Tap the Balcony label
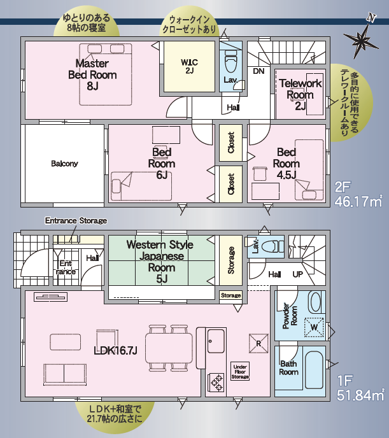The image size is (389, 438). click(x=64, y=164)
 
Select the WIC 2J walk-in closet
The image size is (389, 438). click(x=189, y=66)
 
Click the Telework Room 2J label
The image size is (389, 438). click(x=301, y=94)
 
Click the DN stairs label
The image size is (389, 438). click(x=258, y=71)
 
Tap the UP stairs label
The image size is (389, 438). click(x=298, y=274)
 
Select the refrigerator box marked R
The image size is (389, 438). click(x=258, y=343)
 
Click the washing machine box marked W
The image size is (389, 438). click(x=314, y=327)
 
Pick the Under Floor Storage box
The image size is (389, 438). click(x=240, y=371)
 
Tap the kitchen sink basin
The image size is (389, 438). click(x=216, y=341)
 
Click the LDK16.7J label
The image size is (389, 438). click(x=115, y=351)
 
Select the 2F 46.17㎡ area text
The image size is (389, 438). click(x=358, y=194)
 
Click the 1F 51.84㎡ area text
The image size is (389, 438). click(x=361, y=388)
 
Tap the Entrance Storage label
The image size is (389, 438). click(x=76, y=221)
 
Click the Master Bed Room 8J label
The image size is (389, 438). click(x=92, y=74)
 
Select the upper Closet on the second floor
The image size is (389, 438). click(x=230, y=143)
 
